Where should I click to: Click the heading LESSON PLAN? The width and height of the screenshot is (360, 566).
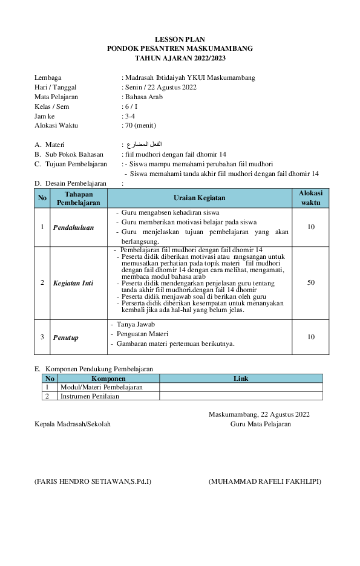180,39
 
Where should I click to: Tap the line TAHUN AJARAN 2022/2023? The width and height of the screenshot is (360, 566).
180,58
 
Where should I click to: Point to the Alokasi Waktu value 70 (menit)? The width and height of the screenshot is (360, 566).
140,126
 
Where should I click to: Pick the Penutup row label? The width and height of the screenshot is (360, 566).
66,337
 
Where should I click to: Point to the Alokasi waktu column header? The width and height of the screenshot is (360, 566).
311,198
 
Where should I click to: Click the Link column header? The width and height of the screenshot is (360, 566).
241,379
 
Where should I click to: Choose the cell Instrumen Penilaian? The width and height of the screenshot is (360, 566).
90,396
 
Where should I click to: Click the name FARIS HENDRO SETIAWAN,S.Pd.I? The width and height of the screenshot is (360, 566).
93,482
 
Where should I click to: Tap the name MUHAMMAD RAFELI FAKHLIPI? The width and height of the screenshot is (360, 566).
265,482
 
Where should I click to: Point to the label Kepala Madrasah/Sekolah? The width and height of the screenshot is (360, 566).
73,424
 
